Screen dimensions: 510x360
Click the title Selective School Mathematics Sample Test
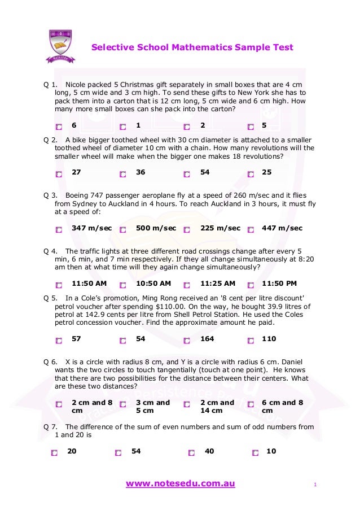(192, 47)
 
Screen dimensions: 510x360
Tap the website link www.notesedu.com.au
(180, 483)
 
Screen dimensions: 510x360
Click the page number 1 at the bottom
(315, 485)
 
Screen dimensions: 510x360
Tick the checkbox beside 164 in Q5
(187, 341)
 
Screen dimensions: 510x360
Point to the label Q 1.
(50, 84)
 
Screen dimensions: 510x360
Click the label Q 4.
(50, 251)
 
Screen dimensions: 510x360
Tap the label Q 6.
(50, 361)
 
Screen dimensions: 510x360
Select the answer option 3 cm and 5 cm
(122, 405)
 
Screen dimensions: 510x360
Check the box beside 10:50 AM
(122, 285)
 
